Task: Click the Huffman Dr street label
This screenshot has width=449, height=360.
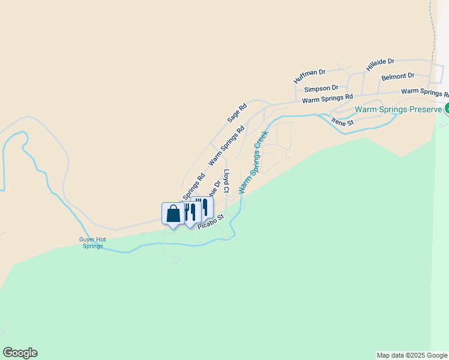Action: tap(309, 76)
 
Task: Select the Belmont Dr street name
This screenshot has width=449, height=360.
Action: tap(398, 77)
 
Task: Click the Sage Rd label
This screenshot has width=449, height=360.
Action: tap(237, 113)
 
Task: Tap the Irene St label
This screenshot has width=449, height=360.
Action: tap(343, 122)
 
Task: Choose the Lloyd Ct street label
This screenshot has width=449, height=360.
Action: tap(226, 181)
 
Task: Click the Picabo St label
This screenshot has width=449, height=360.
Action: tap(211, 220)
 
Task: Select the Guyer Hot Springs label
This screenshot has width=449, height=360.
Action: tap(92, 243)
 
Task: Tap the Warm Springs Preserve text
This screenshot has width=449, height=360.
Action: tap(398, 110)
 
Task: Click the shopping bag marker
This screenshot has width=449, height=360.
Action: tap(173, 214)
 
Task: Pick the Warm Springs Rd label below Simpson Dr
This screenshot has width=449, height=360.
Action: tap(327, 98)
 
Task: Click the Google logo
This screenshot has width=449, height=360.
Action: tap(20, 353)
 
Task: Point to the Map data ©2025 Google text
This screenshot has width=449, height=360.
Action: tap(412, 355)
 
